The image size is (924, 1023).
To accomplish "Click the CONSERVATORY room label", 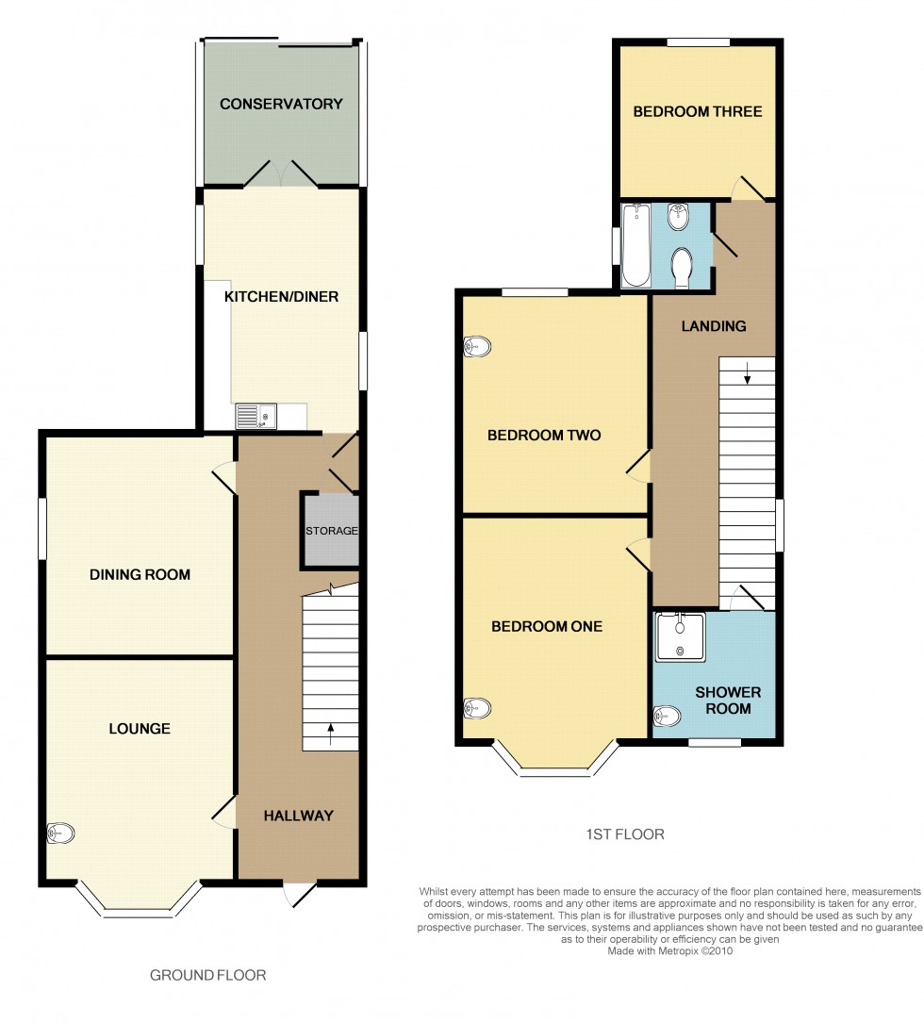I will pos(281,104).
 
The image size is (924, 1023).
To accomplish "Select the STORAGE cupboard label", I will pos(331,531).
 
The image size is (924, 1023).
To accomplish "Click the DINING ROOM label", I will pos(140,574).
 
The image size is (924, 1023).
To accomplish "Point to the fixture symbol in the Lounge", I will pos(60,833).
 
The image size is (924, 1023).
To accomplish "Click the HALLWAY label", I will pos(299,816).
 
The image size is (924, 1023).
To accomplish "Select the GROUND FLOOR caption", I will pos(207,975).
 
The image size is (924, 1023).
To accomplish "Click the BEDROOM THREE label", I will pos(697,111).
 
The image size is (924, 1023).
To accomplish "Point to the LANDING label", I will pos(714,326).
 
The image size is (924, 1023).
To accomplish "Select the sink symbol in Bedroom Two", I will pos(478,347).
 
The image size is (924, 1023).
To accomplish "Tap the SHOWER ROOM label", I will pos(728,700).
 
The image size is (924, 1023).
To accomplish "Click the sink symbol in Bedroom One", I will pos(477,708).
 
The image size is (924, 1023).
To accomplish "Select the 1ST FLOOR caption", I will pos(624,834).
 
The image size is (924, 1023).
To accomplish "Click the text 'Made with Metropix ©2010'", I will pos(669,951).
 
